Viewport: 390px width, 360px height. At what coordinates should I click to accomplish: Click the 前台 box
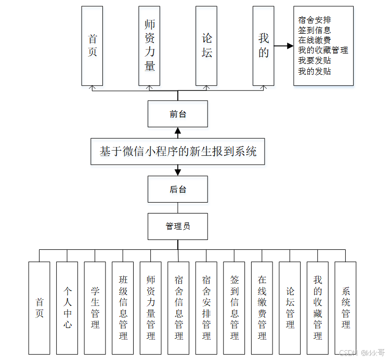coord(178,114)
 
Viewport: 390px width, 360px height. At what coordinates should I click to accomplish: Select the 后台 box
coord(178,189)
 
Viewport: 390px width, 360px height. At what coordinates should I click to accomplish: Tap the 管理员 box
coord(178,226)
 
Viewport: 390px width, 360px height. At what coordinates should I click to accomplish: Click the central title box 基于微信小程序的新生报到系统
coord(178,152)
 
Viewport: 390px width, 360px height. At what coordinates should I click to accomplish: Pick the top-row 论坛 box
coord(206,46)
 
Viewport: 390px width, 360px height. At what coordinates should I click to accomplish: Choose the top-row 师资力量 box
coord(149,46)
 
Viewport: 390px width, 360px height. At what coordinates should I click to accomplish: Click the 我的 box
coord(263,46)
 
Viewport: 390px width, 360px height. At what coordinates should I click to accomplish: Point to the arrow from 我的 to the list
coord(283,46)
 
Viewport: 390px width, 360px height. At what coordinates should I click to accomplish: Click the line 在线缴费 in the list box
coord(315,41)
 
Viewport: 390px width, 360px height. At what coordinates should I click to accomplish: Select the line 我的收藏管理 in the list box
coord(323,50)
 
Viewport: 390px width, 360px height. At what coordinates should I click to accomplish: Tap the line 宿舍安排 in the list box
coord(315,20)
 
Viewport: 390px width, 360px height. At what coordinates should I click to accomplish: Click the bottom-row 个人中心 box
coord(67,308)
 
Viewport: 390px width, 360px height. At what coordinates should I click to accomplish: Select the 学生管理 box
coord(95,308)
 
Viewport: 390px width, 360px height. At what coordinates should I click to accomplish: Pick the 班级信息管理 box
coord(123,308)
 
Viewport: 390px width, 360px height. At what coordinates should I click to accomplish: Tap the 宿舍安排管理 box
coord(206,308)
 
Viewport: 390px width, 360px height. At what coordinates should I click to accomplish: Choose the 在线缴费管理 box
coord(262,308)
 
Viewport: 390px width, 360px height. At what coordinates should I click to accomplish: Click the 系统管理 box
coord(346,308)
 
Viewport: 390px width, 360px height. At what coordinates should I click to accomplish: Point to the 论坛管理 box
coord(290,308)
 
